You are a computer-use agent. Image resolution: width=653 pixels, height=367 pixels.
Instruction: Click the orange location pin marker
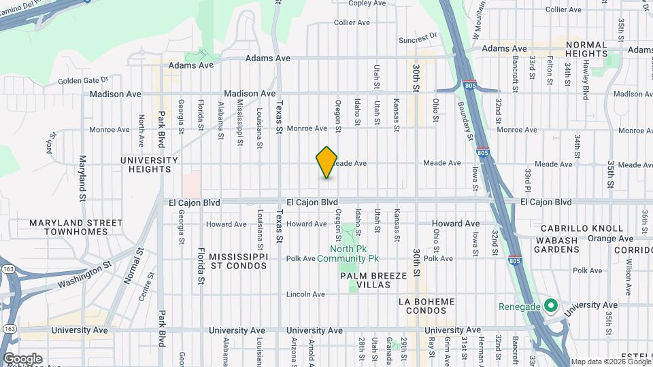click(326, 162)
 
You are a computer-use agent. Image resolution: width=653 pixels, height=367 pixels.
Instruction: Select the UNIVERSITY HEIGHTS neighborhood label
click(148, 165)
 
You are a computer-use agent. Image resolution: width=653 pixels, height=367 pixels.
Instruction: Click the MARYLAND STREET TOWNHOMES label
click(76, 227)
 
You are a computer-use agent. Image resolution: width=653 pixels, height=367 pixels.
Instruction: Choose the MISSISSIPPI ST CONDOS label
click(239, 261)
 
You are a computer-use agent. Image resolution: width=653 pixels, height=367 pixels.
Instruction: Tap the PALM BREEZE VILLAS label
click(374, 280)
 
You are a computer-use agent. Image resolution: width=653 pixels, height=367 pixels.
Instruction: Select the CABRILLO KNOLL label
click(580, 228)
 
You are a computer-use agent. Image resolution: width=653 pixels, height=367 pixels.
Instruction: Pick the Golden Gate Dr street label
click(83, 80)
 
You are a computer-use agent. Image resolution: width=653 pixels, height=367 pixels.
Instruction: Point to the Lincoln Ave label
click(305, 294)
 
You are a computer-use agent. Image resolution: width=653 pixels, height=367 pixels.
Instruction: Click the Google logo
click(22, 358)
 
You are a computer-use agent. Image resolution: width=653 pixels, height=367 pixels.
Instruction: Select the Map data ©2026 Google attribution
click(610, 362)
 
